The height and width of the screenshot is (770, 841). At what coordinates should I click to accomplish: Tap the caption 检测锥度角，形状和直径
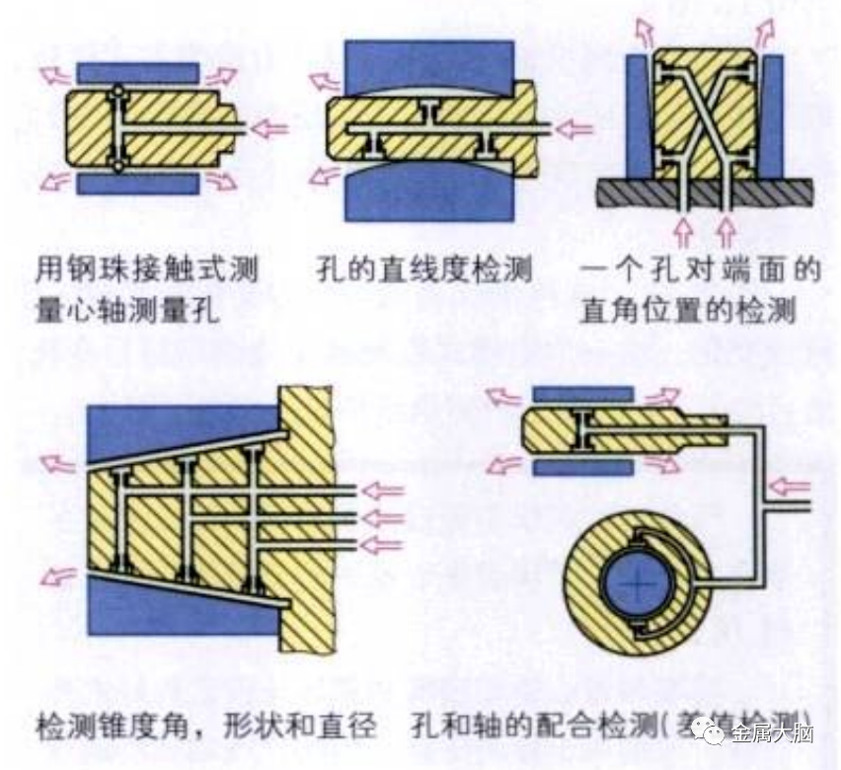coord(206,728)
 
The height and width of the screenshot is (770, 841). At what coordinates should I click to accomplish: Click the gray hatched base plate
coord(702,192)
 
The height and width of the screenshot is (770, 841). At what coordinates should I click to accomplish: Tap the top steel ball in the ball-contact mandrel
coord(117,92)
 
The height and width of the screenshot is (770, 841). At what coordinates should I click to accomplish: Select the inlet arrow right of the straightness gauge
coord(573,128)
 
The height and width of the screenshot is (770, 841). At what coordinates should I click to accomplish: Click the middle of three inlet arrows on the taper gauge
coord(382,516)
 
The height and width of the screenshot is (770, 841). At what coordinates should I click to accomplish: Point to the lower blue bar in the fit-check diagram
coord(582,467)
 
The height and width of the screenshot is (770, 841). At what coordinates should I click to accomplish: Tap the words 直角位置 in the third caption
coord(653,309)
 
